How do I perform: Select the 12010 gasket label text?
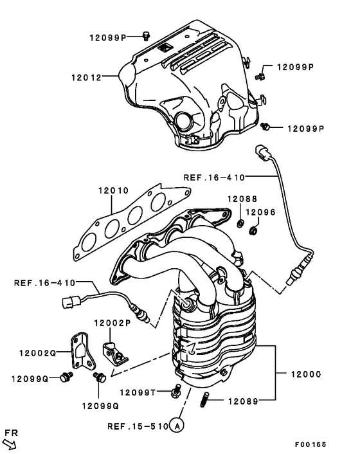pyautogui.click(x=113, y=191)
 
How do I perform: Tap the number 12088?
pyautogui.click(x=240, y=200)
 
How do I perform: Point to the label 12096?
pyautogui.click(x=260, y=211)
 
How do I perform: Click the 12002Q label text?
pyautogui.click(x=38, y=353)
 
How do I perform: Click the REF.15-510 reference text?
pyautogui.click(x=137, y=426)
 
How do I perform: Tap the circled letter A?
pyautogui.click(x=177, y=426)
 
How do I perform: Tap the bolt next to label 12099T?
pyautogui.click(x=176, y=390)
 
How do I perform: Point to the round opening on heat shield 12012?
pyautogui.click(x=184, y=121)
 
